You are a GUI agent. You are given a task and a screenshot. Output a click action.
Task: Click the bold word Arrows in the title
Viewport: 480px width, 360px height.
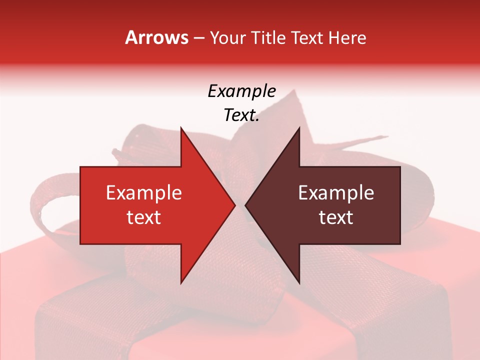[x=157, y=37]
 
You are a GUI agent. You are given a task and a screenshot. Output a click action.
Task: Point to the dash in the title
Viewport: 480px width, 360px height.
[x=198, y=38]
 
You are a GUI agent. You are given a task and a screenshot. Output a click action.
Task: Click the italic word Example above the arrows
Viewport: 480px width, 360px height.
[x=241, y=91]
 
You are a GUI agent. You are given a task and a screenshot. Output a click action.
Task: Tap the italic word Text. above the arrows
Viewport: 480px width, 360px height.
[x=241, y=115]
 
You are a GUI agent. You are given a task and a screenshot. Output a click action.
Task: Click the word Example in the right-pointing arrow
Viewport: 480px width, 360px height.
[x=144, y=193]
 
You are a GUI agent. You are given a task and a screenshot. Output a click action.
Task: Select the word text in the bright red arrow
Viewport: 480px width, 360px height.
[x=144, y=217]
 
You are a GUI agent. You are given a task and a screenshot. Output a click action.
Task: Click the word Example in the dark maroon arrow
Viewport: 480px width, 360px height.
[x=336, y=193]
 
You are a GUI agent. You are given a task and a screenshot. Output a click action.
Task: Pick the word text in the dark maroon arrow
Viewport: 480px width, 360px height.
[x=336, y=217]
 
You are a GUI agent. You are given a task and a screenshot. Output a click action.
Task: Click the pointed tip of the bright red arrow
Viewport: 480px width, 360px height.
[x=235, y=205]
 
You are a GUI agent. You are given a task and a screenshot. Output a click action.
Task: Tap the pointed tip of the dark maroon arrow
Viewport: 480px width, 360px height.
[x=245, y=205]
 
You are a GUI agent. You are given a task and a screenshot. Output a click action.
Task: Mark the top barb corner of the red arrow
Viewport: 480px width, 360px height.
[x=181, y=128]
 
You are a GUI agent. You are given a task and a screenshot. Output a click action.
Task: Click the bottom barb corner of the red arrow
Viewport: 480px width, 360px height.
[x=181, y=283]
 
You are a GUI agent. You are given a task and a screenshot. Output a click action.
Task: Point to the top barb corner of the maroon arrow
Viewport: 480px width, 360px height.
[x=299, y=128]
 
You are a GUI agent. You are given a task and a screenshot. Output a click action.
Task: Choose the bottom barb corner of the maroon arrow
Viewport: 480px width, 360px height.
[x=299, y=283]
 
